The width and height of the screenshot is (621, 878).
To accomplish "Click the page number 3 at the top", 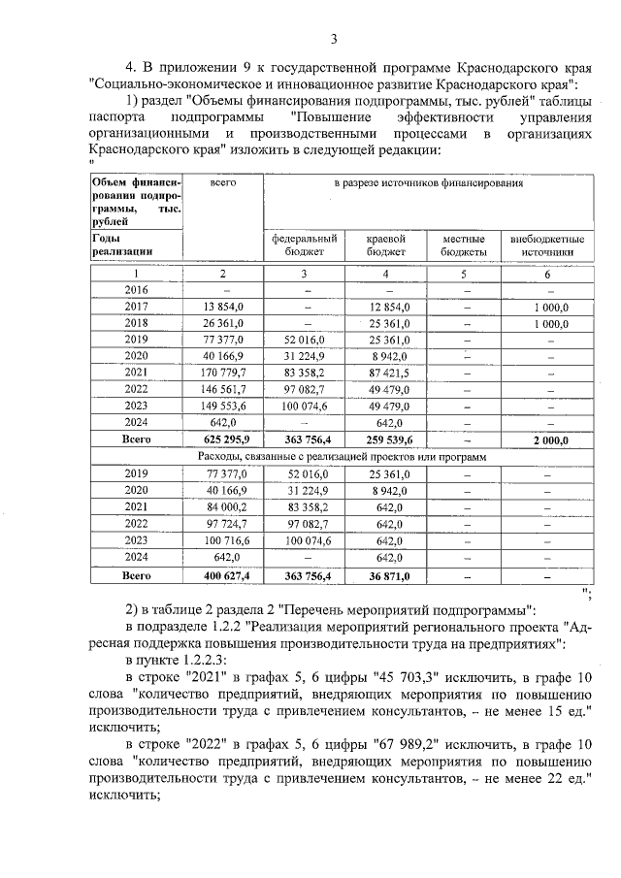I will tap(333, 39).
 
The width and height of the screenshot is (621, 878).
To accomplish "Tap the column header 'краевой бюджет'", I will tap(385, 244).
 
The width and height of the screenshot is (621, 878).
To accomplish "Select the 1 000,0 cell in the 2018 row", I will tap(547, 322).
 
